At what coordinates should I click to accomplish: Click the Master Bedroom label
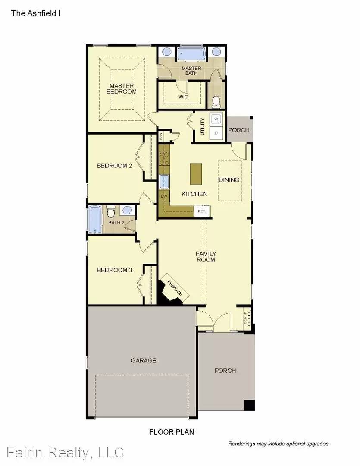[x=121, y=88]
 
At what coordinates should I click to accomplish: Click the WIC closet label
[x=183, y=97]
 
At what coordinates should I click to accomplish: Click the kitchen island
[x=195, y=174]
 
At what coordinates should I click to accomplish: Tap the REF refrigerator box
[x=202, y=211]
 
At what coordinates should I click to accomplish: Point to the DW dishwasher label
[x=164, y=196]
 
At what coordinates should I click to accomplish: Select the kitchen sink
[x=164, y=182]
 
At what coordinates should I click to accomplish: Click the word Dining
[x=229, y=179]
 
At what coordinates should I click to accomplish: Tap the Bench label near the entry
[x=245, y=318]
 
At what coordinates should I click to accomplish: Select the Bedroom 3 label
[x=114, y=270]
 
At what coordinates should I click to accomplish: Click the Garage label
[x=144, y=360]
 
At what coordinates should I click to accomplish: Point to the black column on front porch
[x=249, y=405]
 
